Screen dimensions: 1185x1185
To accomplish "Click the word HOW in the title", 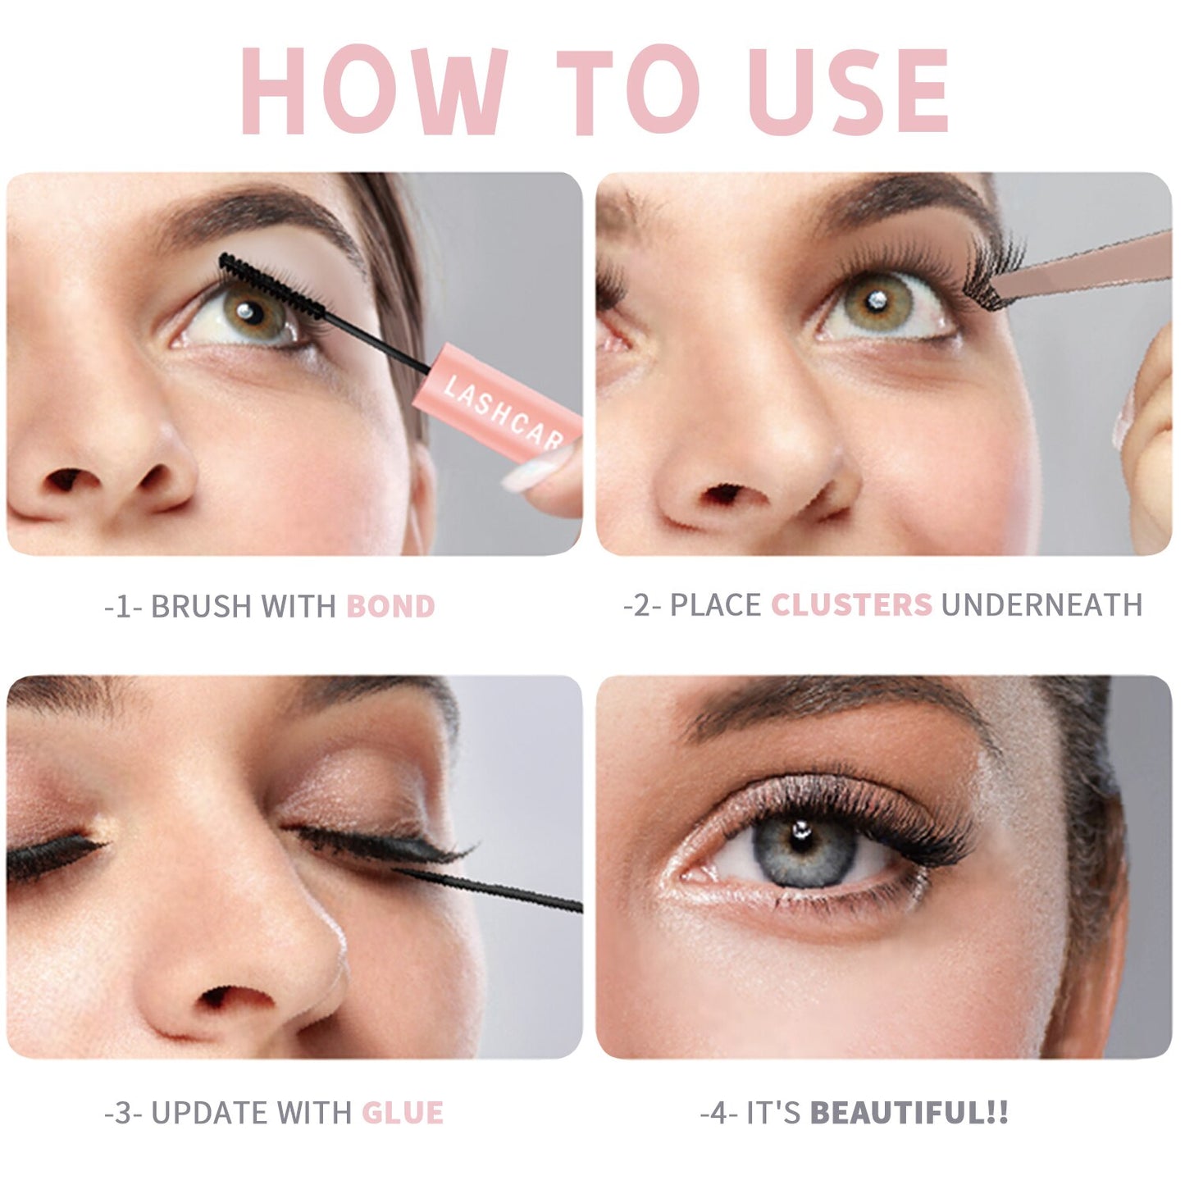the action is tap(374, 89).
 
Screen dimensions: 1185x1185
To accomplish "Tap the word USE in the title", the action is tap(849, 89).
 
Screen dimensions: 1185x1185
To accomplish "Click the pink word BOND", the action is tap(391, 606).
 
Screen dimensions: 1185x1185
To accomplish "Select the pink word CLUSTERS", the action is tap(852, 605).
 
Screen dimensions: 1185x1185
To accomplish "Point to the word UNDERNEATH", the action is tap(1041, 605).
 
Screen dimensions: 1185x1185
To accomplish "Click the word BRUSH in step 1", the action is tap(201, 606).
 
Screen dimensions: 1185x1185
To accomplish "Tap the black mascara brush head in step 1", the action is tap(271, 286).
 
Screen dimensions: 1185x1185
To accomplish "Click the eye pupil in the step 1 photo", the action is tap(251, 313).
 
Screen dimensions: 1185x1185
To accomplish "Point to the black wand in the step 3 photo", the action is tap(488, 889).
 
